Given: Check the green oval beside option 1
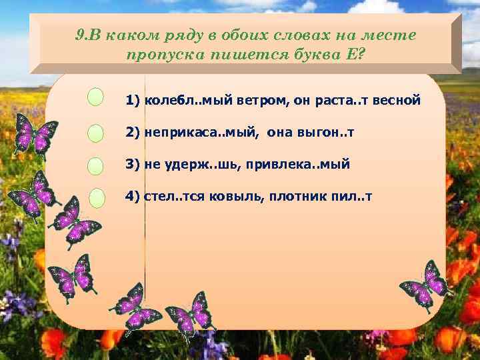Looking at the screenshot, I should pyautogui.click(x=96, y=97).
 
